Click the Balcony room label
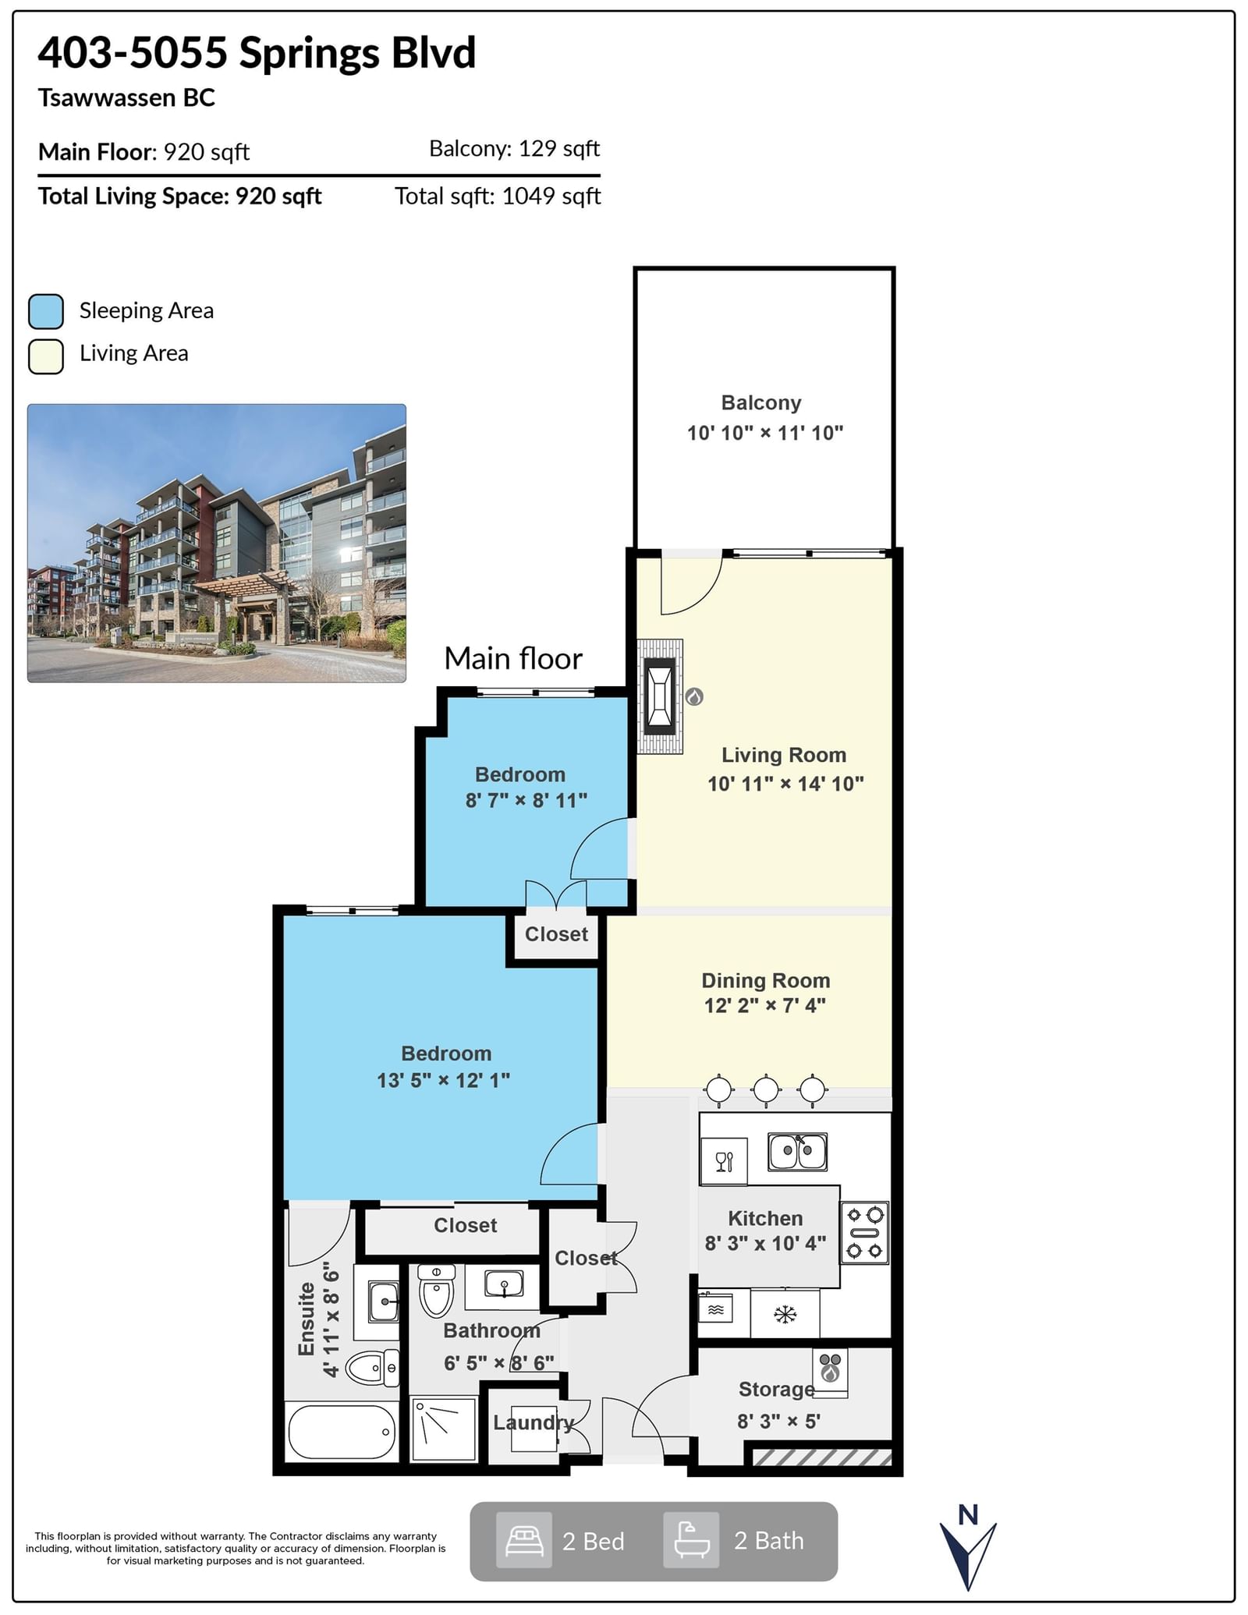click(761, 403)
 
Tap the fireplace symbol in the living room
click(661, 696)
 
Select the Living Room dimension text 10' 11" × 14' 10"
click(785, 784)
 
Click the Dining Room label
click(766, 980)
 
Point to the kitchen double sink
click(797, 1152)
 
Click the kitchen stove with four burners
click(865, 1233)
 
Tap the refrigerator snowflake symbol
click(785, 1315)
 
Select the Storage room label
click(777, 1389)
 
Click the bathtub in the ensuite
click(342, 1432)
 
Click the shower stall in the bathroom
click(444, 1429)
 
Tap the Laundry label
click(534, 1422)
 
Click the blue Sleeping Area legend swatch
click(46, 311)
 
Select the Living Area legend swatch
click(46, 356)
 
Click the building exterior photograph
click(217, 543)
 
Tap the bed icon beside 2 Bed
click(524, 1540)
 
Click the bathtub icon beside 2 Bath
click(691, 1540)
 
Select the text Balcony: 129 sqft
click(515, 148)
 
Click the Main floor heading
click(513, 659)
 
